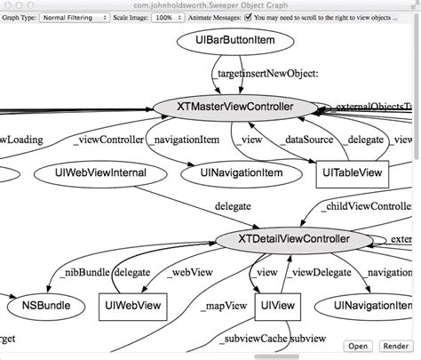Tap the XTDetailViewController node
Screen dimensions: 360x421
coord(295,240)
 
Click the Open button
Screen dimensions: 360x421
coord(358,346)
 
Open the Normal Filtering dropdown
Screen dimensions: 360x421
coord(74,17)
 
